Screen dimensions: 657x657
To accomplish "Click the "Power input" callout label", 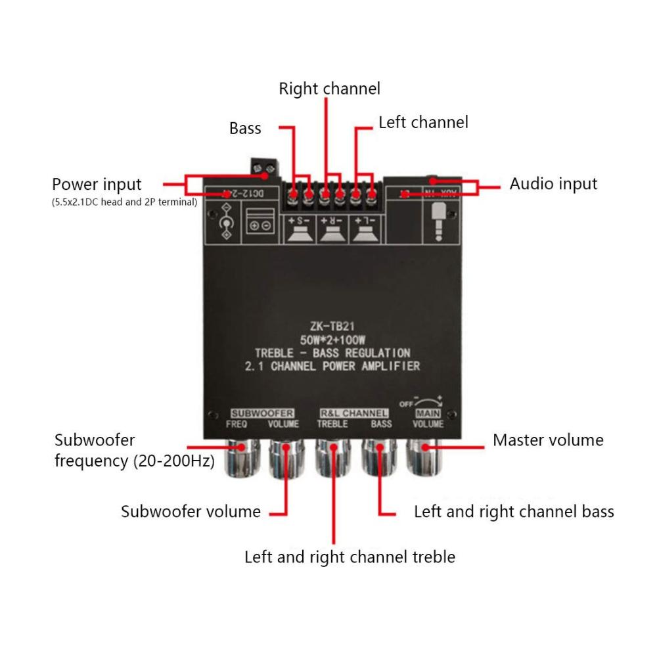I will click(x=97, y=184).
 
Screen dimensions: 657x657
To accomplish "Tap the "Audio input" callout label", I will click(x=553, y=184).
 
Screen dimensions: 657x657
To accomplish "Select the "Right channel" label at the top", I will click(x=329, y=89).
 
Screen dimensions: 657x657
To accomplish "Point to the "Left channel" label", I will click(x=423, y=122).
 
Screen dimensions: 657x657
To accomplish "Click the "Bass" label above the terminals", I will click(x=245, y=128).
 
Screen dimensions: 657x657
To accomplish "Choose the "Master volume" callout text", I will click(x=548, y=440).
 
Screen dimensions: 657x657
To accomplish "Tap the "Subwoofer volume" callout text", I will click(x=191, y=511).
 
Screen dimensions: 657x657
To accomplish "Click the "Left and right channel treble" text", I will click(x=350, y=557).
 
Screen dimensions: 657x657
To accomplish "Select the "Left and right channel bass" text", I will click(x=514, y=511).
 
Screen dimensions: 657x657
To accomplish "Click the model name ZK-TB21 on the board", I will click(x=331, y=326).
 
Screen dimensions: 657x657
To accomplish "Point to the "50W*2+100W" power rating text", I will click(x=332, y=339).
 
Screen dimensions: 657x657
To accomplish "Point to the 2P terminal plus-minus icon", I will click(x=260, y=225).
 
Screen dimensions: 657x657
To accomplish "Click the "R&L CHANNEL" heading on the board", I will click(x=354, y=413).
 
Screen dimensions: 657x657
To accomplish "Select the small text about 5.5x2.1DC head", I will click(x=124, y=202).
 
